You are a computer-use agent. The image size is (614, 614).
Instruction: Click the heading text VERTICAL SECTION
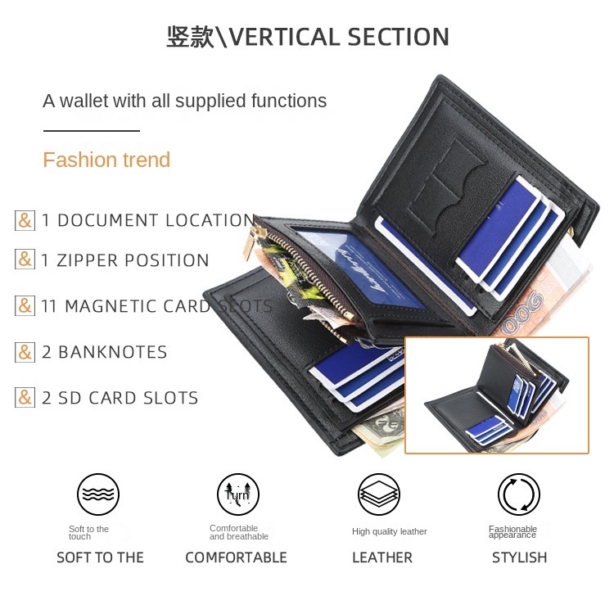(x=338, y=38)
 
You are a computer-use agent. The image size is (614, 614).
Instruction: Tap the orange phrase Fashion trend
(x=106, y=160)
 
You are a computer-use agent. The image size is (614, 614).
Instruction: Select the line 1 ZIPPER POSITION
(x=125, y=260)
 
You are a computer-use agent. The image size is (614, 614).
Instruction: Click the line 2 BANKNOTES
(x=104, y=352)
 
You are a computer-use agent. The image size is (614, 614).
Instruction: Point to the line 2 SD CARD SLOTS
(x=120, y=398)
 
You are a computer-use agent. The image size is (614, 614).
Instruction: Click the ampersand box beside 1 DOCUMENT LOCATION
(x=25, y=220)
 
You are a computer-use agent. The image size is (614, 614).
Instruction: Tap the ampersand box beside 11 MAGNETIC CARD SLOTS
(x=25, y=306)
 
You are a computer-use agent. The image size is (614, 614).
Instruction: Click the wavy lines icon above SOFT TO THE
(x=98, y=494)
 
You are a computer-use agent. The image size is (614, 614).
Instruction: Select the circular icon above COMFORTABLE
(x=237, y=494)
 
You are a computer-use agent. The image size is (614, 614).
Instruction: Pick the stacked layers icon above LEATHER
(x=379, y=494)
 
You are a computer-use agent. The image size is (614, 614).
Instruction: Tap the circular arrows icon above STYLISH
(x=519, y=494)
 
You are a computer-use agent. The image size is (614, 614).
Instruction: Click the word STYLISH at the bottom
(x=519, y=558)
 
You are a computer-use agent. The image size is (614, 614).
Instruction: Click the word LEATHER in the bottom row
(x=382, y=558)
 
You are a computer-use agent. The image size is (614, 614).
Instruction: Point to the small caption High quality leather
(x=390, y=531)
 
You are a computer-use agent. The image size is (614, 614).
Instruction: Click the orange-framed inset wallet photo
(x=497, y=395)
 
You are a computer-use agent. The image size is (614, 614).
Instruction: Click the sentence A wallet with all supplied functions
(x=184, y=101)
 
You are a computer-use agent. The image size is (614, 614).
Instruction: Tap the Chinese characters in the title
(x=190, y=38)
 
